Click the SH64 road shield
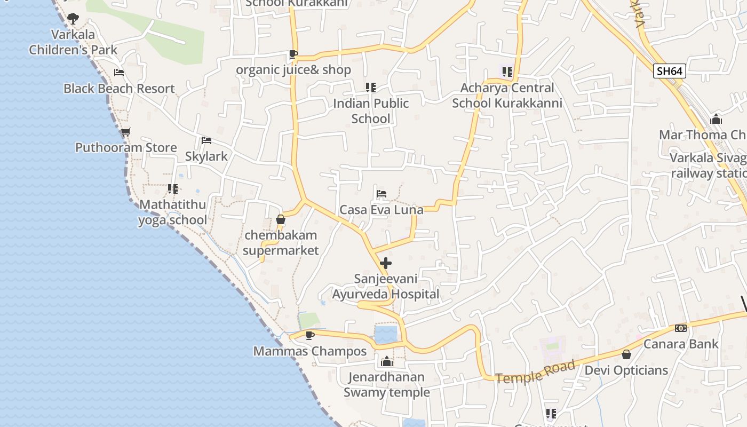669,71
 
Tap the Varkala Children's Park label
73,42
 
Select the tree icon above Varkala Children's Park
73,19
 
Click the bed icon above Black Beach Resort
119,73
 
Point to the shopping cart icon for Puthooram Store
125,132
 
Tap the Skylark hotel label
206,156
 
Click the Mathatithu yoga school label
172,212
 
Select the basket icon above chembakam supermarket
281,219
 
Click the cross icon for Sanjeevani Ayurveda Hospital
386,263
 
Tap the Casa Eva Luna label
382,210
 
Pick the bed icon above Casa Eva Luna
381,194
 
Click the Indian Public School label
371,111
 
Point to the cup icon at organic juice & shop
293,54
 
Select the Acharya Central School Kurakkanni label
507,95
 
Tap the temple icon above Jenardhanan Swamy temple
387,362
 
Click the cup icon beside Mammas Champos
309,335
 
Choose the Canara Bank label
681,344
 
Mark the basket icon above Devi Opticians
626,354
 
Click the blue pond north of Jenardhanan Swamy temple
385,335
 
